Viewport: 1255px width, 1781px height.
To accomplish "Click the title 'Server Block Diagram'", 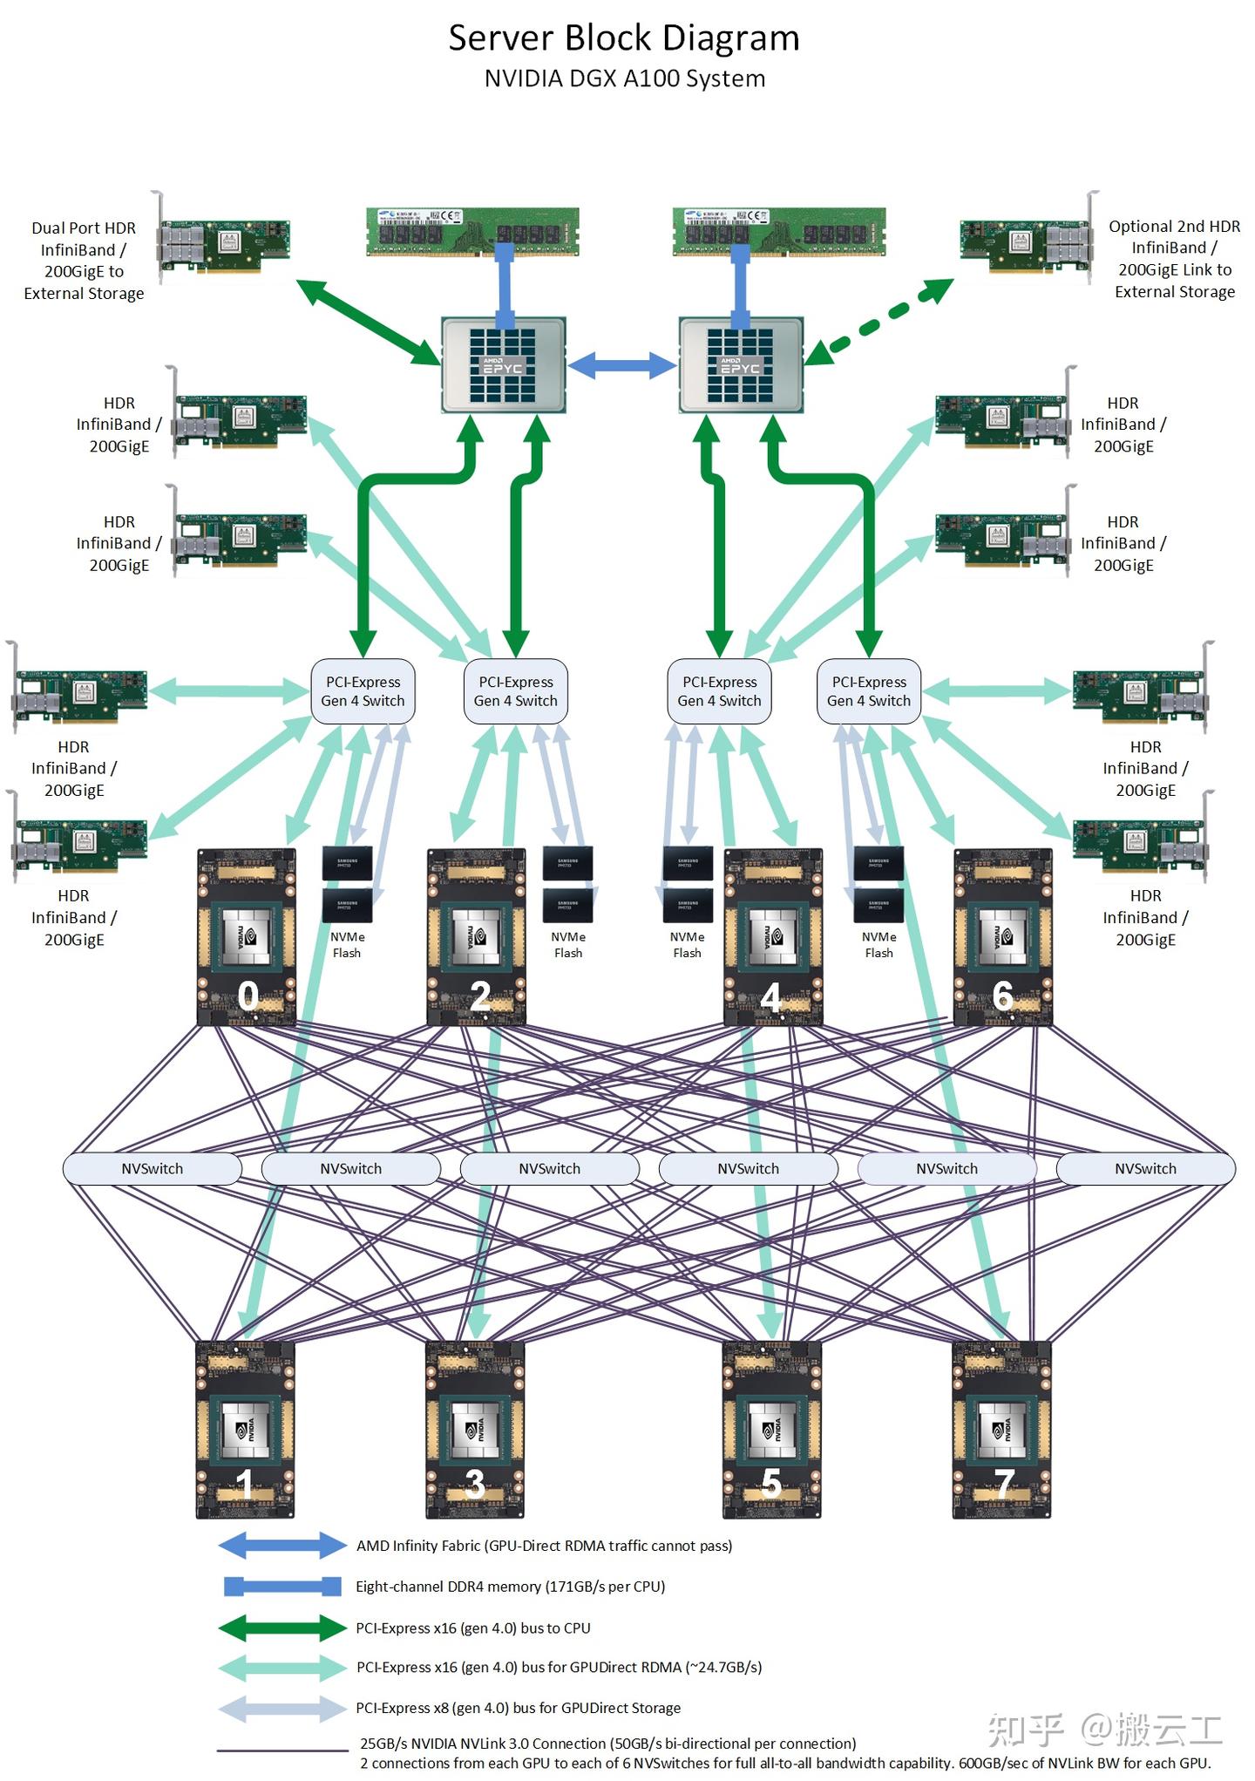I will [624, 38].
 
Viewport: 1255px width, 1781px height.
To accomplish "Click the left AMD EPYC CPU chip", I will [504, 364].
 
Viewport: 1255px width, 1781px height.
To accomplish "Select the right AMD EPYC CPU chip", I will [741, 364].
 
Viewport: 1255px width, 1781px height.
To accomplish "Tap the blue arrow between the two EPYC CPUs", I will [622, 364].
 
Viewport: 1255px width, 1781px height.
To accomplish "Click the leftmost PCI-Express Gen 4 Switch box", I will [363, 691].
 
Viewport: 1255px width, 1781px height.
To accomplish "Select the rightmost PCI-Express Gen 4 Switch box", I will [869, 691].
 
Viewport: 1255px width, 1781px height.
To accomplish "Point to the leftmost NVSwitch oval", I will [153, 1169].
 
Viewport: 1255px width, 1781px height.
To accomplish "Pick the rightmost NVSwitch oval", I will [1145, 1169].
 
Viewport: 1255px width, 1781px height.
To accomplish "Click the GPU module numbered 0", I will [247, 937].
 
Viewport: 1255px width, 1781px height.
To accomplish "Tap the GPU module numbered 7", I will [1002, 1430].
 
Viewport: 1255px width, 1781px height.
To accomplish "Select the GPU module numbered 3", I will [475, 1430].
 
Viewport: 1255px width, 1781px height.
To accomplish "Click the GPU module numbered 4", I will [773, 937].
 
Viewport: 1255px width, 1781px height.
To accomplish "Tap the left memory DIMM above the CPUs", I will [472, 231].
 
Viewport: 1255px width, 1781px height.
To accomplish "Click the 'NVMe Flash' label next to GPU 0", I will [347, 945].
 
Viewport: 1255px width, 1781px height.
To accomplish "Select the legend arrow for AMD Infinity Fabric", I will [282, 1546].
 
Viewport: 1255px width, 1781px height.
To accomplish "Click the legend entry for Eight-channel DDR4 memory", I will [510, 1587].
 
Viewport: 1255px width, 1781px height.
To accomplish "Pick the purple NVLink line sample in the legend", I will [282, 1750].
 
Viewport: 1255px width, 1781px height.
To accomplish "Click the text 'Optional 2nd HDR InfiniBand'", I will [1174, 237].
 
